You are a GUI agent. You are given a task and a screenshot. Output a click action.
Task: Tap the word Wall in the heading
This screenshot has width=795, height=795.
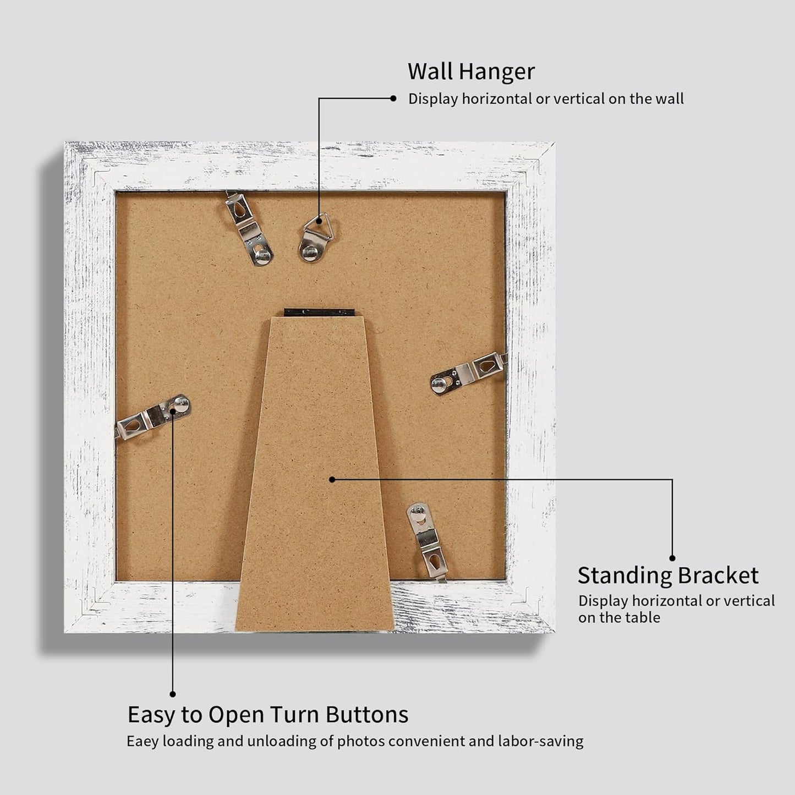[x=430, y=72]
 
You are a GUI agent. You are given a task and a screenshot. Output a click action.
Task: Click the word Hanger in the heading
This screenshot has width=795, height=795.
[x=496, y=72]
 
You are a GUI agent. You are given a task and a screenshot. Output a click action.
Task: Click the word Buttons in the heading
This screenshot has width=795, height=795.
[x=367, y=715]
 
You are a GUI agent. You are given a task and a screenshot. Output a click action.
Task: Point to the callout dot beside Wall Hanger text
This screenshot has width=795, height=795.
[x=393, y=98]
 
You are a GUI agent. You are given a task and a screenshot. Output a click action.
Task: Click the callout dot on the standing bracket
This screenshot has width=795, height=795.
[x=332, y=479]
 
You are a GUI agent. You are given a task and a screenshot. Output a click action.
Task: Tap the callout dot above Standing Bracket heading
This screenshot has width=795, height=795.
[x=672, y=558]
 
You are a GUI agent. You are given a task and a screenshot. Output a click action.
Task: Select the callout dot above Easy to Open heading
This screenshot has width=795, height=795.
[x=173, y=694]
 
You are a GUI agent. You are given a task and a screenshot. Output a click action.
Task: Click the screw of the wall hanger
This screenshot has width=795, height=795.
[x=310, y=251]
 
